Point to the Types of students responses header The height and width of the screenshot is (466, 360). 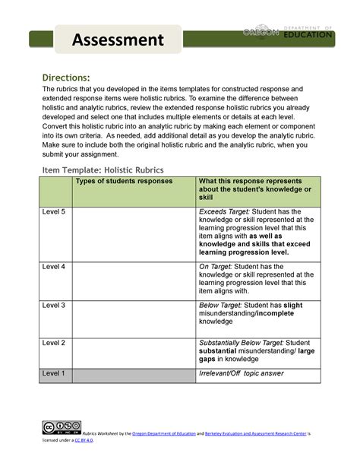(123, 181)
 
